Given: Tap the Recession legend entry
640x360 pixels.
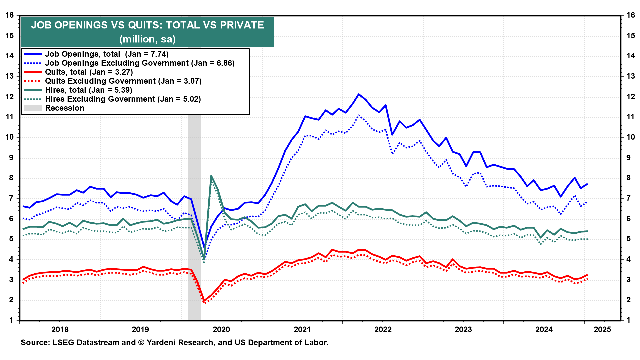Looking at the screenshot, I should (65, 108).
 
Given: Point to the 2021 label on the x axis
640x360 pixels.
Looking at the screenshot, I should (302, 330).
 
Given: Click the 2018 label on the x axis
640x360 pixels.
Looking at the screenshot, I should (60, 330).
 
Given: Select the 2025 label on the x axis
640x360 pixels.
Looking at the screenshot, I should (602, 330).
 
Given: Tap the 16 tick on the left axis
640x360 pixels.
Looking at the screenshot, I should (10, 15).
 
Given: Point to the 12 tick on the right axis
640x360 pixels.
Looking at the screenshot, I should (630, 97).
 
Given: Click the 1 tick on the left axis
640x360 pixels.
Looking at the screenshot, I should (12, 320).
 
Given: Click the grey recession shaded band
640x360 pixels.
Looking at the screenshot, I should (195, 217).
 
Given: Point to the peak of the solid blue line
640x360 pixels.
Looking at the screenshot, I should (359, 94).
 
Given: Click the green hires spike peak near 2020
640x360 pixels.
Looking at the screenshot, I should (211, 176).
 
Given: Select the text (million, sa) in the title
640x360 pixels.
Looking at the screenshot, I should (147, 39).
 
